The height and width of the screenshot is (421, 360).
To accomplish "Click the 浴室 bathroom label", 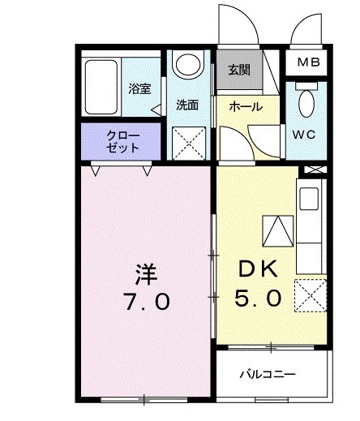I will (139, 89).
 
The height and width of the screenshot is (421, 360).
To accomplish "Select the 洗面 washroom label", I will (188, 105).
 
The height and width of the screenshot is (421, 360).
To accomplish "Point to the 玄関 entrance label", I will (238, 71).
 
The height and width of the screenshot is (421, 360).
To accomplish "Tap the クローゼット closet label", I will (122, 142).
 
